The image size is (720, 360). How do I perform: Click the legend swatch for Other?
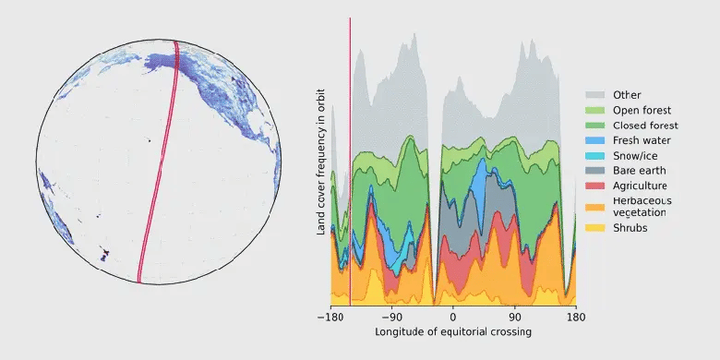595,95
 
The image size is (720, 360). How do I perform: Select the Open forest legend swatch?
595,110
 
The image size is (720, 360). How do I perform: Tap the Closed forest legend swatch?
595,126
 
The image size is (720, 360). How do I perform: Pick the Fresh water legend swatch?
595,140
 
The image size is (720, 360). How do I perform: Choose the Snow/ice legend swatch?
595,156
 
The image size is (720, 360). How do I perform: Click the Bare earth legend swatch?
595,171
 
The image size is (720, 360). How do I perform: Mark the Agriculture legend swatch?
595,186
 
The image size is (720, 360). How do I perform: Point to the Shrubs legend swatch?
595,227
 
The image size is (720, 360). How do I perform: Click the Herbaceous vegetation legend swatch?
595,206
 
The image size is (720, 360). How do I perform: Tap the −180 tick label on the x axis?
330,316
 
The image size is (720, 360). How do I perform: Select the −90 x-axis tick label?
391,316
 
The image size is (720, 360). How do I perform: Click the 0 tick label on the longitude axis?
453,316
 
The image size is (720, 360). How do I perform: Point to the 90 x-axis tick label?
514,316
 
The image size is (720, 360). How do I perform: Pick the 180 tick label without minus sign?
575,316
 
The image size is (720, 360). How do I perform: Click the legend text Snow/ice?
635,156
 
